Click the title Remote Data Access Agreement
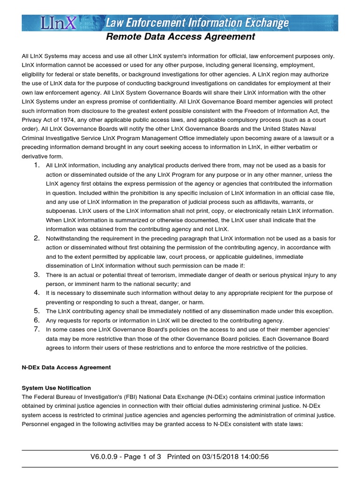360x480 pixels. point(180,37)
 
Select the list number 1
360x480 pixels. point(37,165)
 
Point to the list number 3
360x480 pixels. point(37,275)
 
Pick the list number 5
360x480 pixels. point(37,311)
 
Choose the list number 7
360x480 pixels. point(37,330)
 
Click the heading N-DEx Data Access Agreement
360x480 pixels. point(66,367)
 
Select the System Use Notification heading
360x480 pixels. point(56,388)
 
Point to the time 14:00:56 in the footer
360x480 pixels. point(254,457)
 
